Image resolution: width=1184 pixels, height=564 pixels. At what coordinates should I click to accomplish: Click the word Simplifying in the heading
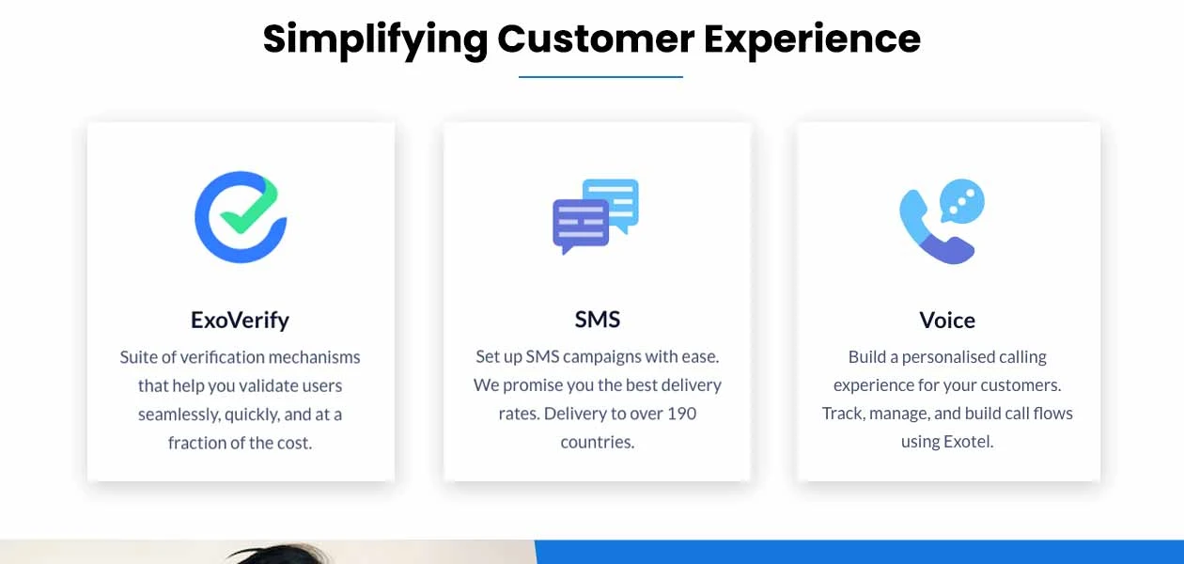[375, 40]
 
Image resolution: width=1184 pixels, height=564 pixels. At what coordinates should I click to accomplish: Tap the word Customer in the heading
[596, 39]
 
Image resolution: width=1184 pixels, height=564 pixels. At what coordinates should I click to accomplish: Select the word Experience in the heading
[812, 40]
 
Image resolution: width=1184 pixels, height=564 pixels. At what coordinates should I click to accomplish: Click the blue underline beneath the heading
[600, 77]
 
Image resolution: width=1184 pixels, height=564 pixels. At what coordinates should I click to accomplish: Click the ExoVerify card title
[240, 320]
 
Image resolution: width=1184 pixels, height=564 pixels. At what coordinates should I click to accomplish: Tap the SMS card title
[598, 320]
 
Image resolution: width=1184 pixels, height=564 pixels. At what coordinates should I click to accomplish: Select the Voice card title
[947, 320]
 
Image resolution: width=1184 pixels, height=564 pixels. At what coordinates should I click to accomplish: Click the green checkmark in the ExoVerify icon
[249, 207]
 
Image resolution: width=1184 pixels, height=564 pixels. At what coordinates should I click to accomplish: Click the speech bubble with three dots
[962, 201]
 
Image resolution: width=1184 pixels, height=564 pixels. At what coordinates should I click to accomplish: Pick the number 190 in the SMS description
[681, 414]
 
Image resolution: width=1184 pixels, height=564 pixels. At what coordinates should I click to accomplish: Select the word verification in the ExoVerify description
[222, 357]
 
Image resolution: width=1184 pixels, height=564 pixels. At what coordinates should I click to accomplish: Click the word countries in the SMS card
[598, 442]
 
